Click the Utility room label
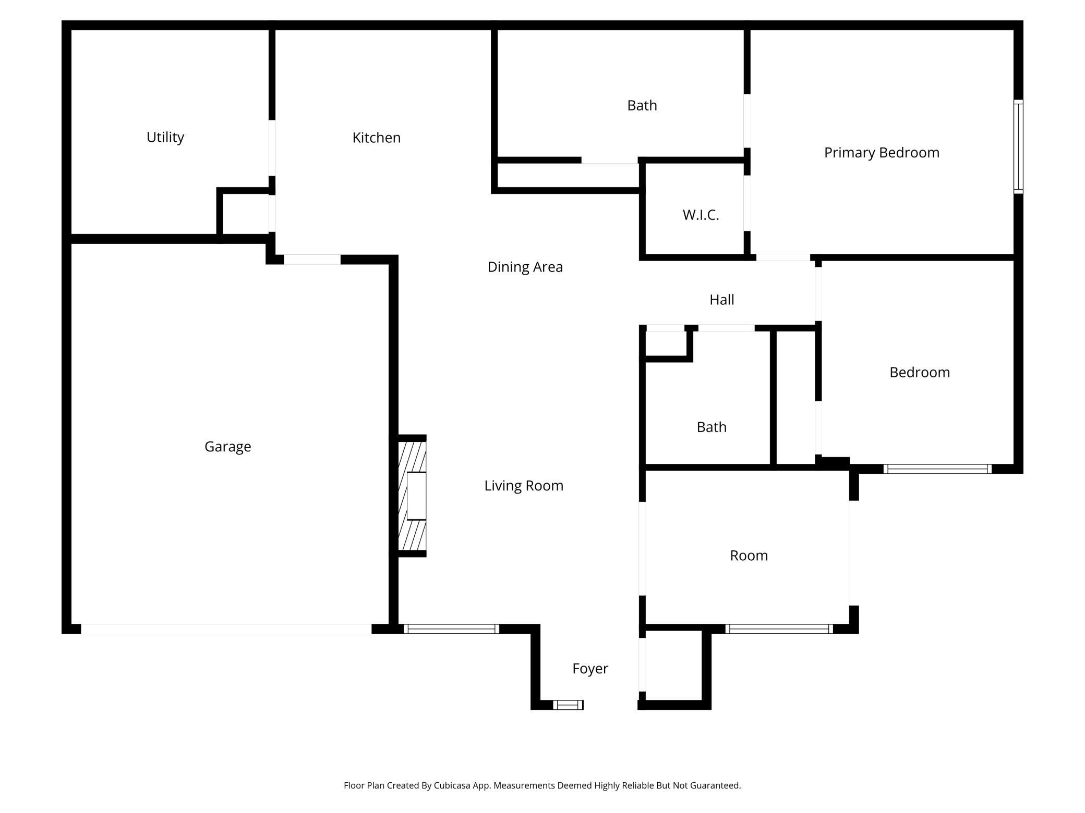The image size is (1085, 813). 165,137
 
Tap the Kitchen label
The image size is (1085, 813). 377,138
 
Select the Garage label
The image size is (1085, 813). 228,447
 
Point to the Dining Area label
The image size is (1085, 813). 525,267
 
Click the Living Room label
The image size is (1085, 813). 524,486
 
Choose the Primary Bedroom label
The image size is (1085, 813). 882,153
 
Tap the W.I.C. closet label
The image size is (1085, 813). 701,215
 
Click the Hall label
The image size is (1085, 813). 722,300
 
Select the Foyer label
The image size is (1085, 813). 590,669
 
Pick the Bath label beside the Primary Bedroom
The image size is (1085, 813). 642,105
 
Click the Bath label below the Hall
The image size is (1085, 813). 712,427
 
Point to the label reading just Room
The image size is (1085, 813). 749,556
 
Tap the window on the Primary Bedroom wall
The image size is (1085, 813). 1018,146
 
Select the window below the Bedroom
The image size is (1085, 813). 937,469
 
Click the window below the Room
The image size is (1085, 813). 779,629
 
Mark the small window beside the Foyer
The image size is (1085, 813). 568,705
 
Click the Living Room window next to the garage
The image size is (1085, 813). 451,629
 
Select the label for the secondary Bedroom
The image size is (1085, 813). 920,372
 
